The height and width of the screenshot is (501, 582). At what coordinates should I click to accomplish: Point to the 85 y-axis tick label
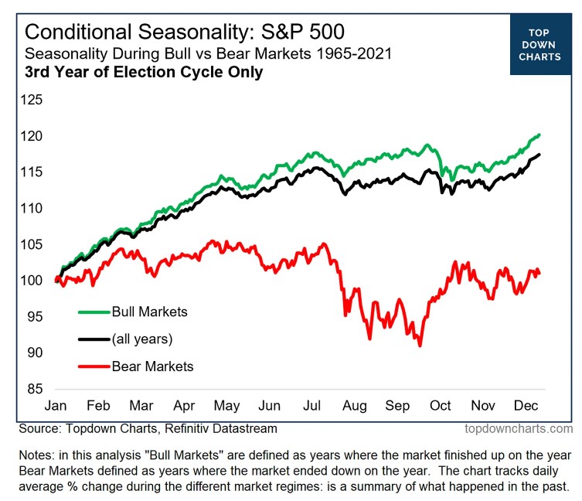pyautogui.click(x=33, y=389)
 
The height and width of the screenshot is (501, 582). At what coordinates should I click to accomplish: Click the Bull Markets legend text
pyautogui.click(x=150, y=312)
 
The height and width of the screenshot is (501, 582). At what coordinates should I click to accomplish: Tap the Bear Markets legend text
pyautogui.click(x=152, y=366)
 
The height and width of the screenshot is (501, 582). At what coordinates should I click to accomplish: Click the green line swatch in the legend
pyautogui.click(x=94, y=312)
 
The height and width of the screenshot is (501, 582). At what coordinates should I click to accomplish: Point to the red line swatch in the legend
pyautogui.click(x=94, y=366)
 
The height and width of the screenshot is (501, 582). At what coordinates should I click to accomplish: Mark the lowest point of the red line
pyautogui.click(x=420, y=345)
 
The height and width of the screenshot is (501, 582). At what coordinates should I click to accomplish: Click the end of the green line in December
pyautogui.click(x=539, y=135)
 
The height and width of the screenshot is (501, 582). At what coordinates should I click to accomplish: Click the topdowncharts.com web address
pyautogui.click(x=519, y=428)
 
